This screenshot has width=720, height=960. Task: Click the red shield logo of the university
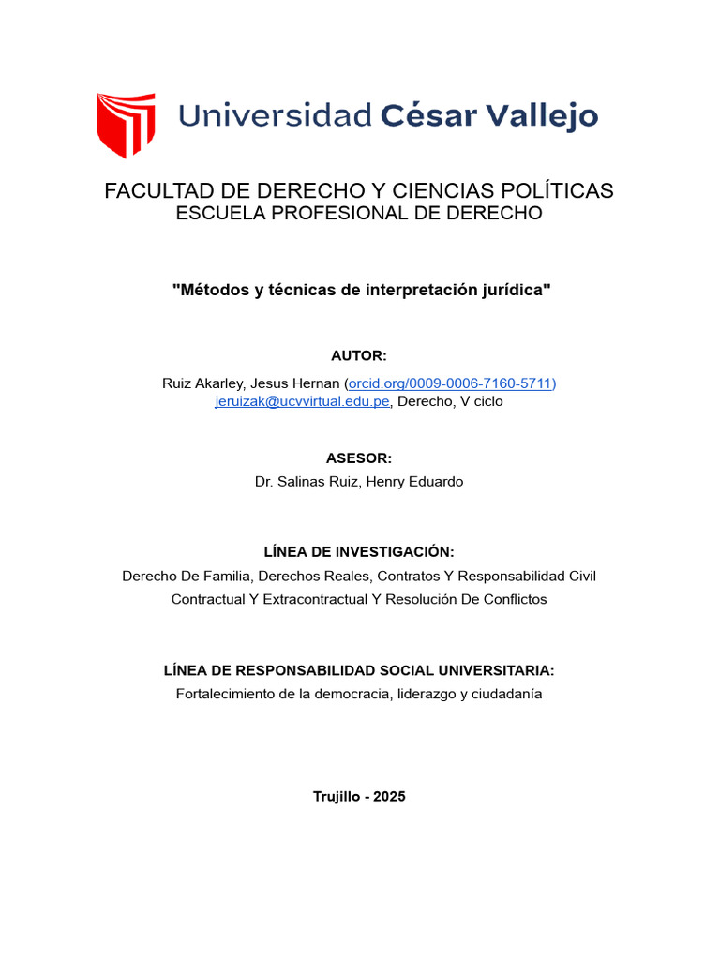[126, 124]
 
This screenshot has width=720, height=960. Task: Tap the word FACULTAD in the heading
[153, 191]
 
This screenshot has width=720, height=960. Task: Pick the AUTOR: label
[359, 356]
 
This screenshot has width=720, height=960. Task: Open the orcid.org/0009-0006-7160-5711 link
[451, 382]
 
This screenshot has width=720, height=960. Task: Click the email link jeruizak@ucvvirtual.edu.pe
[302, 401]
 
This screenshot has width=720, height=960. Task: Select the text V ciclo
[482, 401]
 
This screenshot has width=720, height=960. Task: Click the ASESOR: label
[359, 458]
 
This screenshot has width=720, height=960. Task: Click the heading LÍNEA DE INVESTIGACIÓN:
[359, 552]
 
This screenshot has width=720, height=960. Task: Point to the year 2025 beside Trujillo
[389, 796]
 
